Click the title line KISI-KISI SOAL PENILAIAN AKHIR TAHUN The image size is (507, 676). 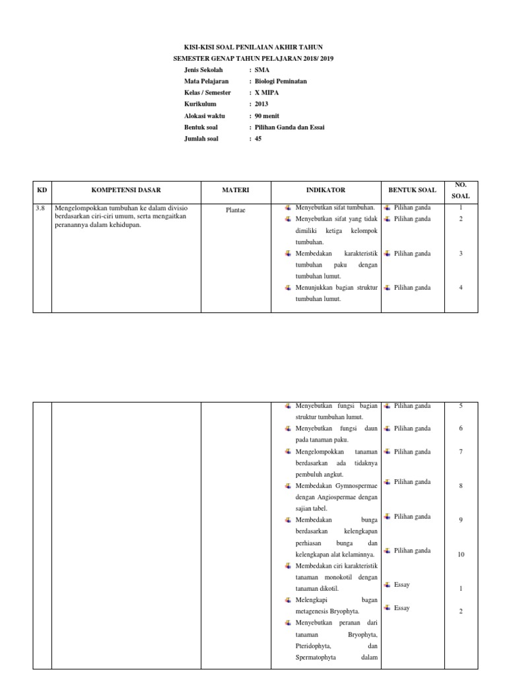click(x=253, y=48)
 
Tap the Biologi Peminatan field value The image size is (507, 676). click(x=281, y=81)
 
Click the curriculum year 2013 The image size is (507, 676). click(x=261, y=104)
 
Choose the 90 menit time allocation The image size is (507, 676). click(x=267, y=116)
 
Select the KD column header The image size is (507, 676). click(x=42, y=190)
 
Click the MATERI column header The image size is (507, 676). click(x=236, y=190)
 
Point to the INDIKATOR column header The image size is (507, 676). click(x=325, y=190)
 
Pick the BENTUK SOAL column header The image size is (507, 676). click(x=412, y=190)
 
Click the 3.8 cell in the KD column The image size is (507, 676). click(x=40, y=208)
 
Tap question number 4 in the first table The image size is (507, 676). click(x=461, y=288)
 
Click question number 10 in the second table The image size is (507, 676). click(x=461, y=555)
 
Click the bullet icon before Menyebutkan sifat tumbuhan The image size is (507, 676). click(x=288, y=208)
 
